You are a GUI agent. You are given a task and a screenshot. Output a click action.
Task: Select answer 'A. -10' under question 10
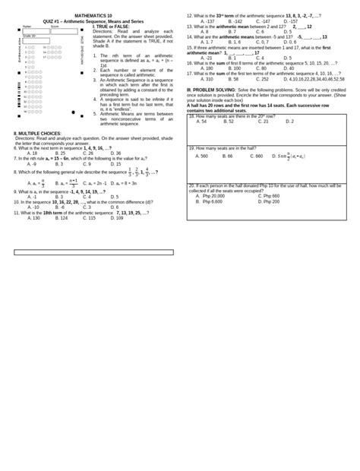(x=33, y=207)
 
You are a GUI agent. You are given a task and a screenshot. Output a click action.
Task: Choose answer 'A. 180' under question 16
(x=207, y=68)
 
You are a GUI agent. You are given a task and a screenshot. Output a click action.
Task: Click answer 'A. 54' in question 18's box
(x=201, y=122)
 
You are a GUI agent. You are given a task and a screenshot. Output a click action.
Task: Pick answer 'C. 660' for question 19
(x=257, y=156)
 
